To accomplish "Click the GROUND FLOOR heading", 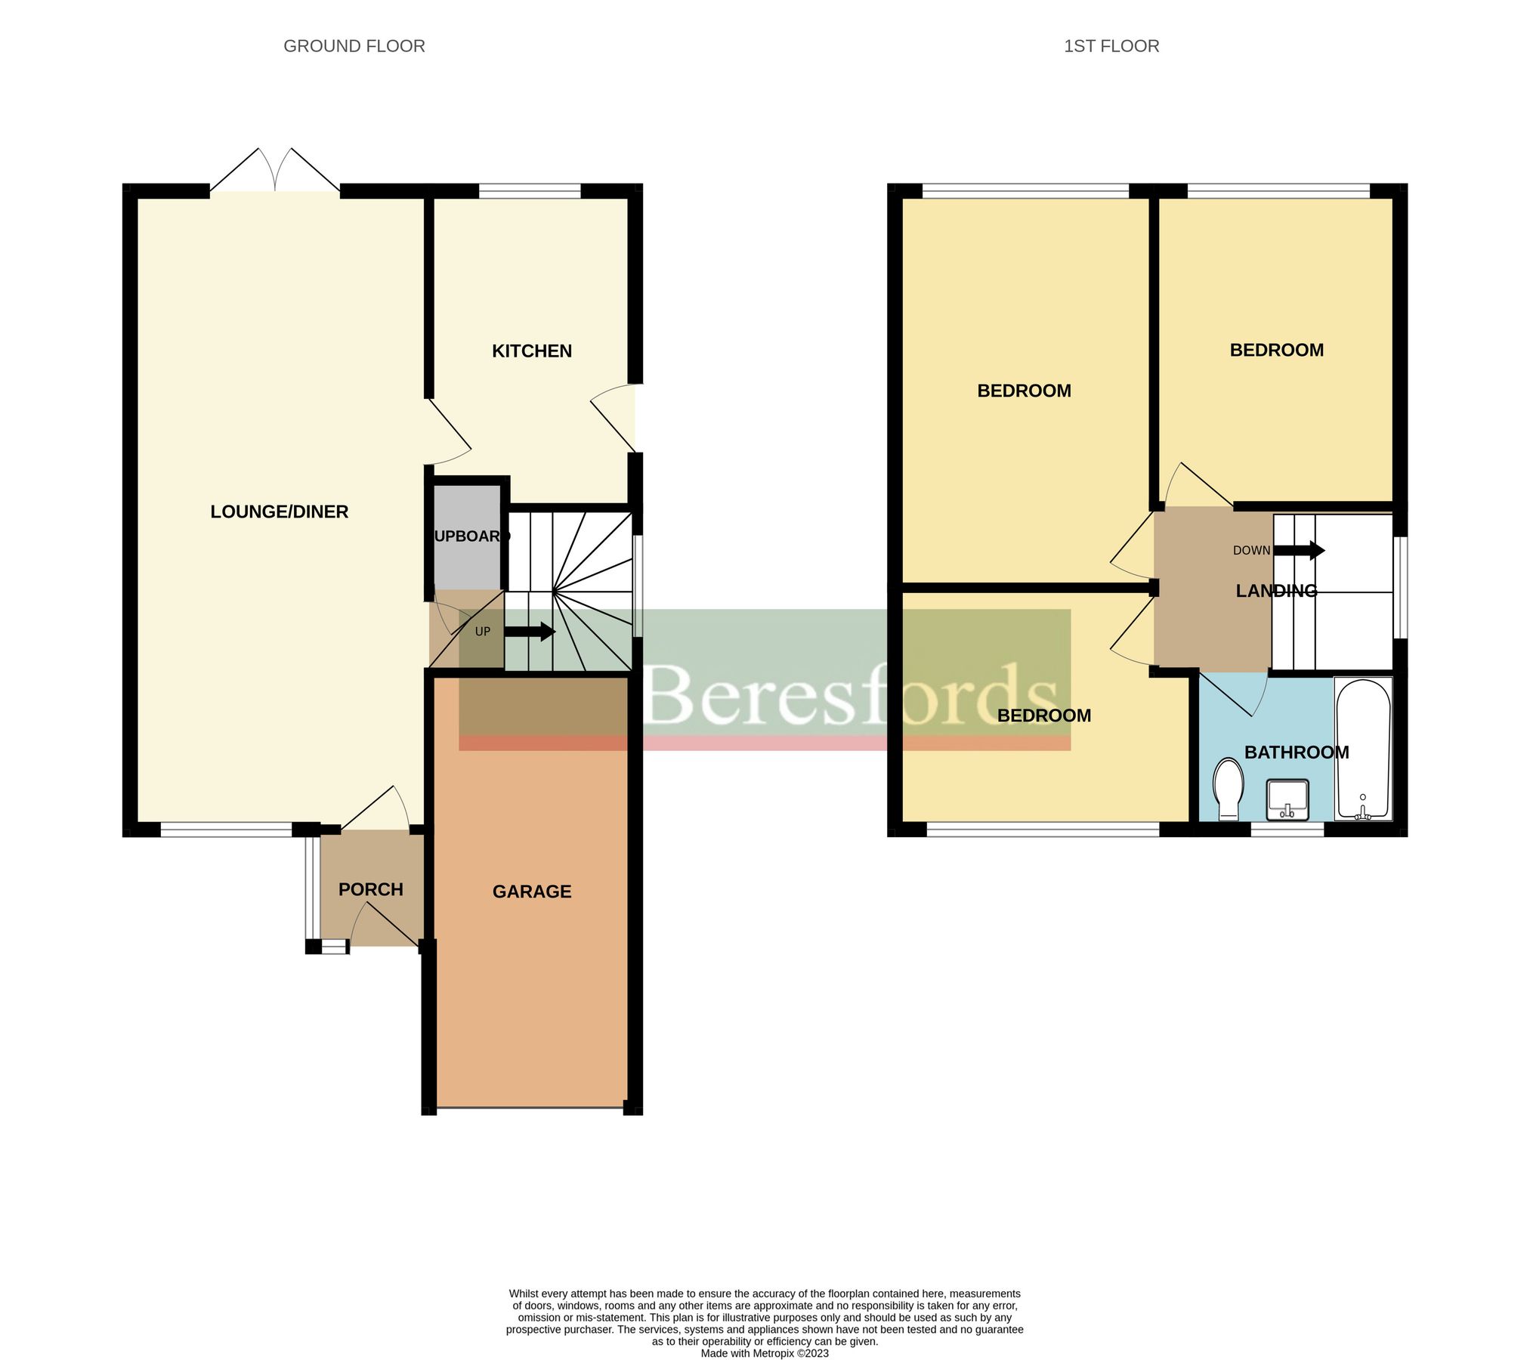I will [x=354, y=46].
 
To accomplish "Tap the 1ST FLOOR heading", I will [x=1111, y=46].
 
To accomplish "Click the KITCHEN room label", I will [x=531, y=351].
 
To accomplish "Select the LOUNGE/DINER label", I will [x=279, y=512].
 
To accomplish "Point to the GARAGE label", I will [x=531, y=892].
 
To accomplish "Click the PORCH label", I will [x=370, y=889].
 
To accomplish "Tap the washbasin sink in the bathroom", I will [x=1287, y=799].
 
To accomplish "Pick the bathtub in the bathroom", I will [x=1363, y=748].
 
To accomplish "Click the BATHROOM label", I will [x=1296, y=753].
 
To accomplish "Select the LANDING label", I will [x=1276, y=591].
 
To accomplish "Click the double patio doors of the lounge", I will [x=275, y=171].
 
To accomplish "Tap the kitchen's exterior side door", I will [x=614, y=417].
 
